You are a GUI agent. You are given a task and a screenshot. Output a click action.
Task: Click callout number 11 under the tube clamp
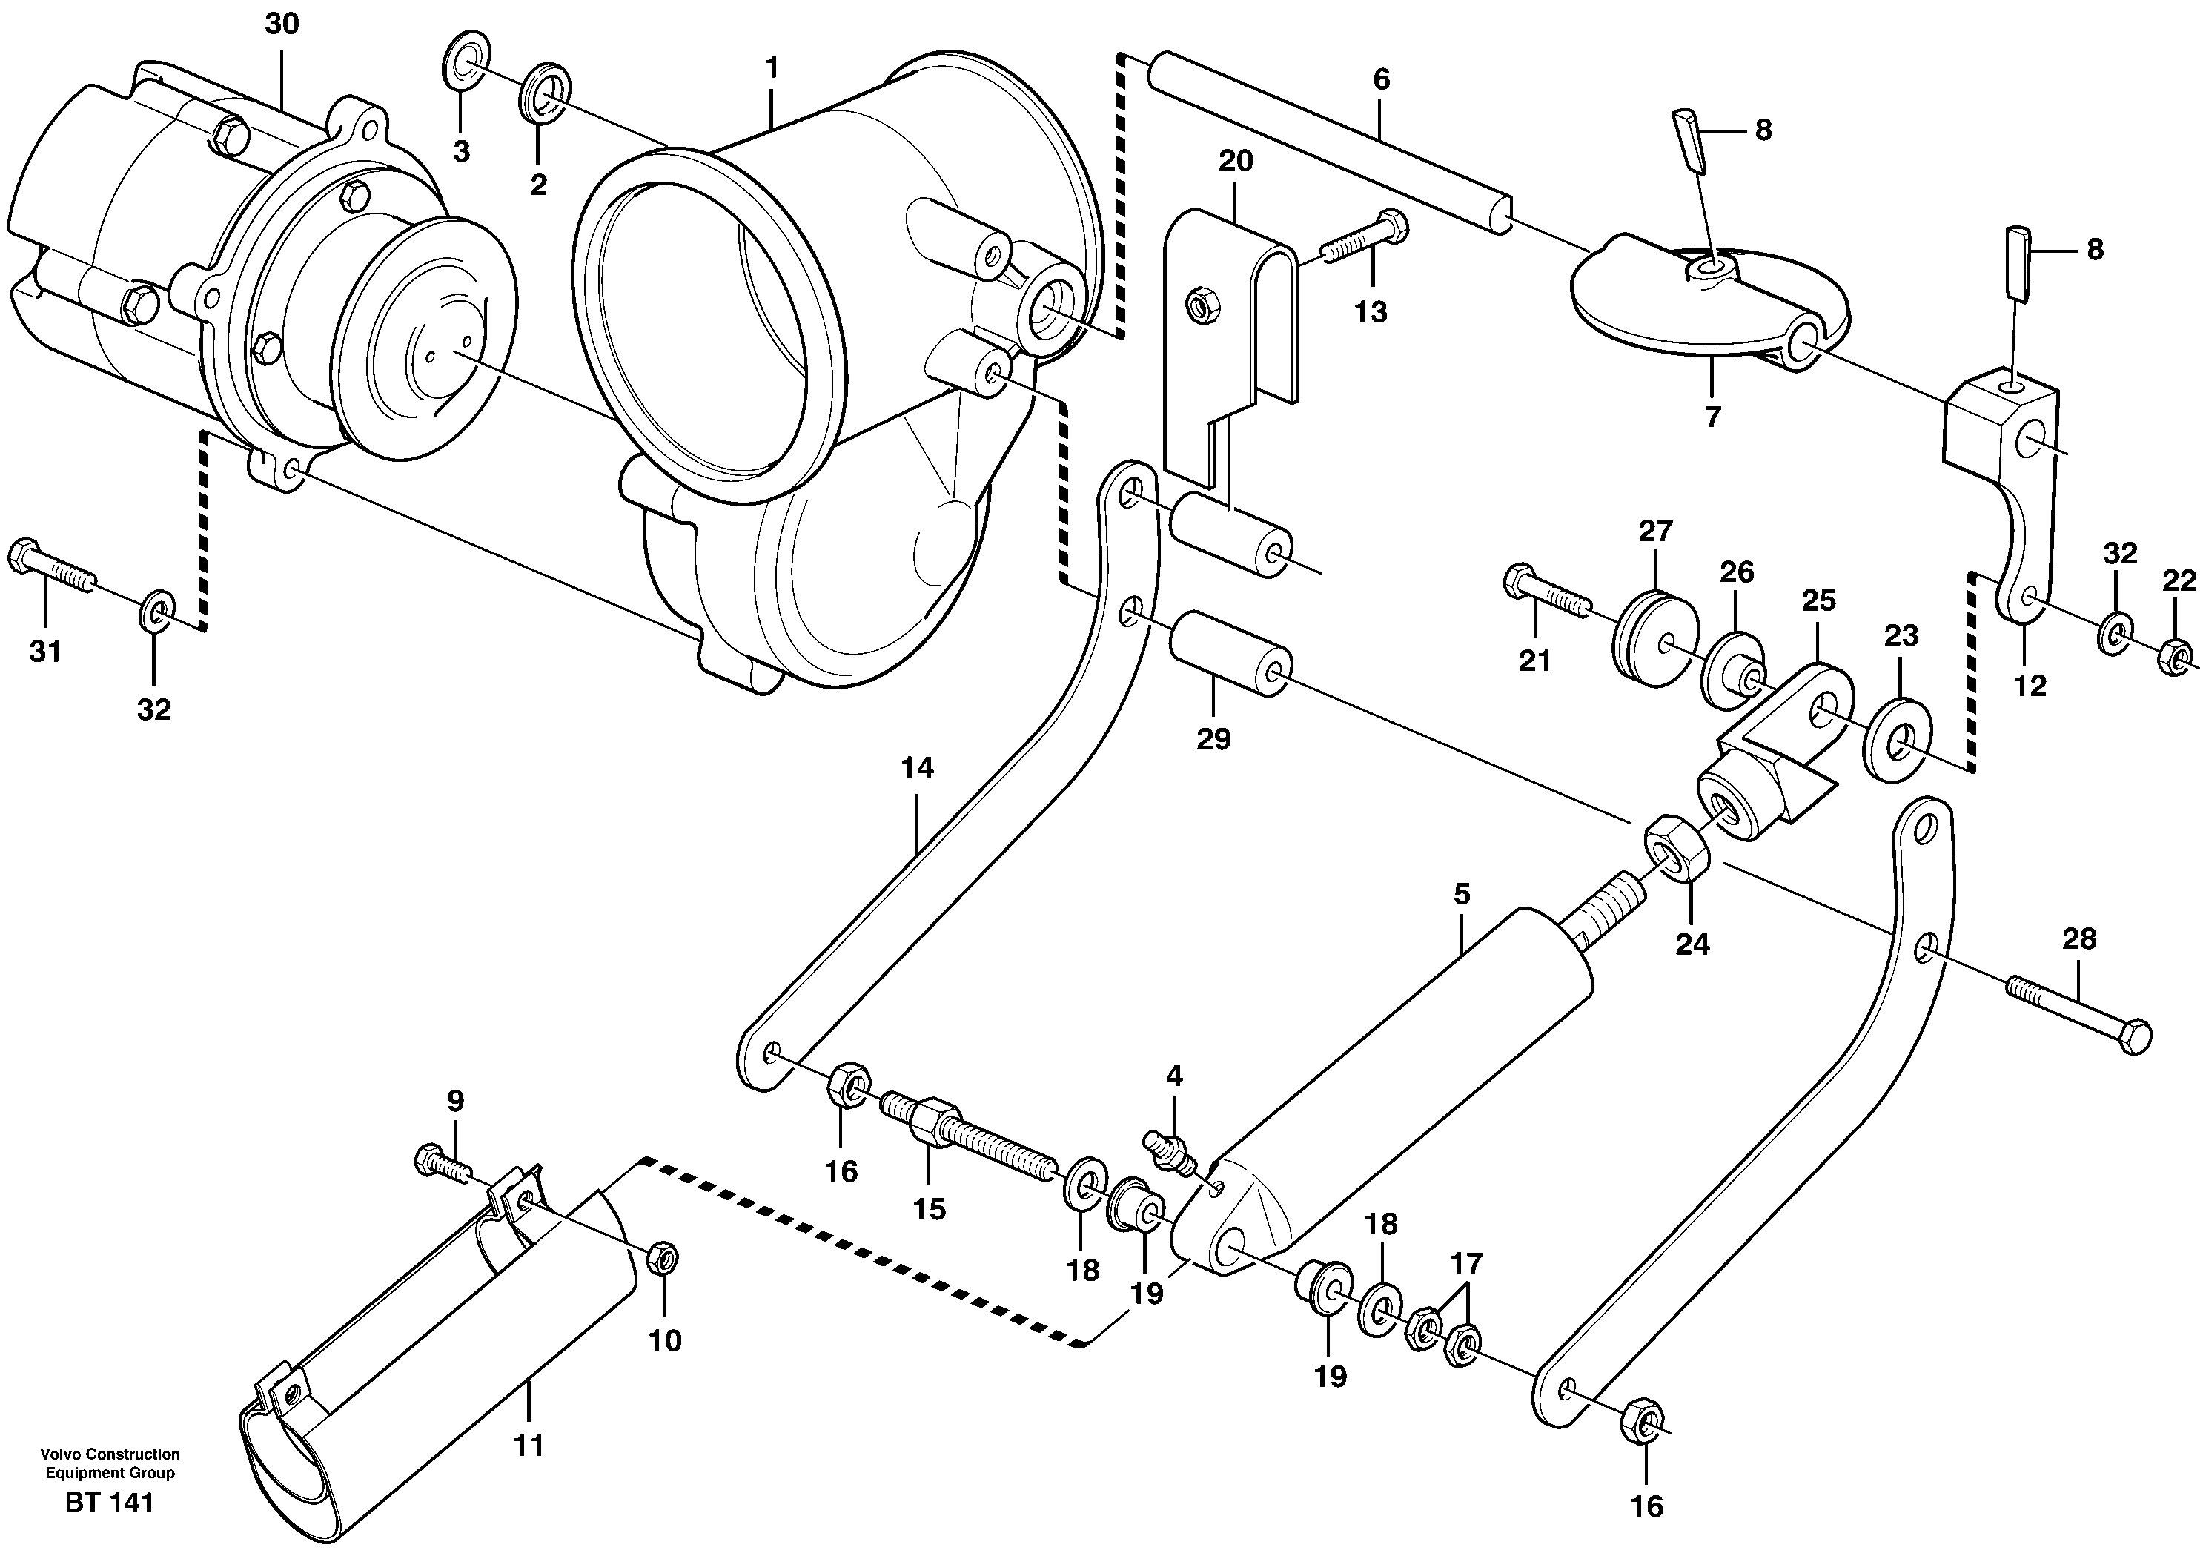pos(529,1445)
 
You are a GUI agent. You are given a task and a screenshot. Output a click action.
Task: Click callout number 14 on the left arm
pos(916,767)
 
